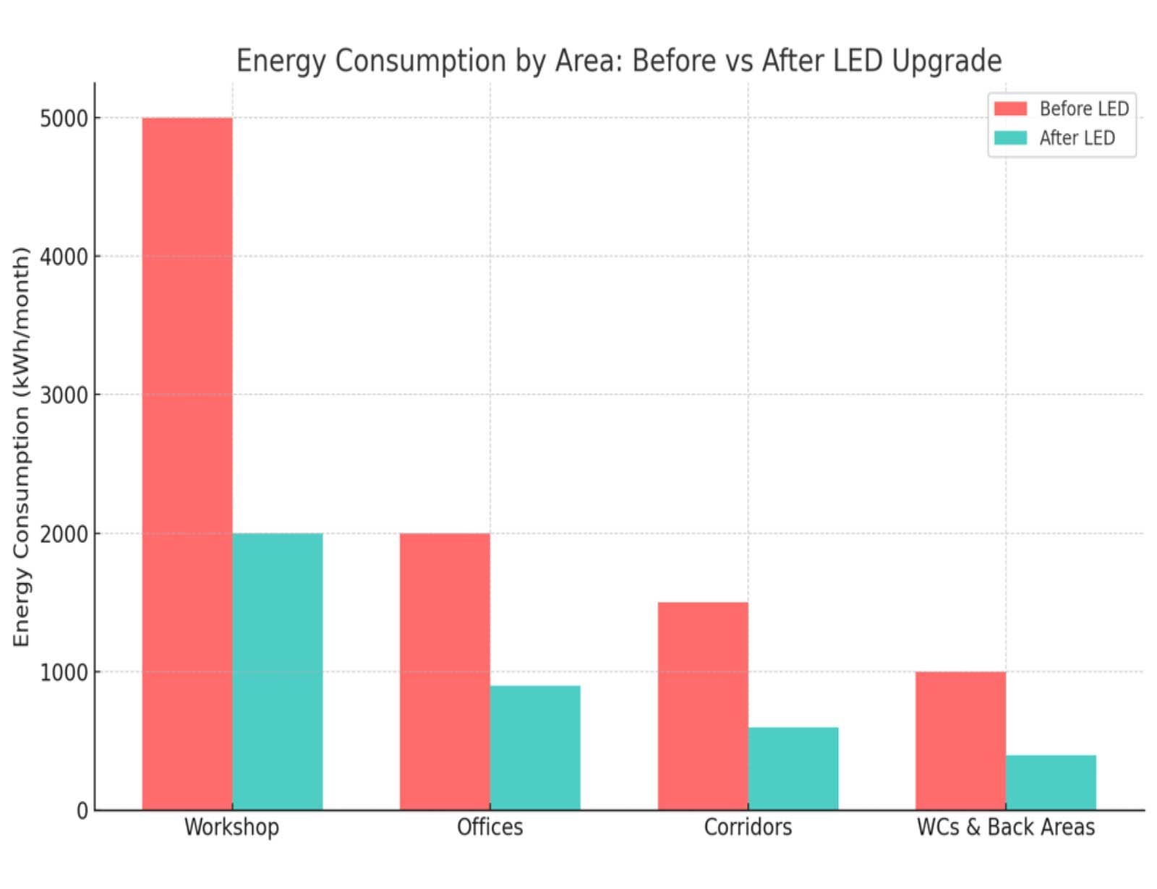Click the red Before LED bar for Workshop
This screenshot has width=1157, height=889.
point(187,463)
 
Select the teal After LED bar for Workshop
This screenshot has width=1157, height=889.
point(278,671)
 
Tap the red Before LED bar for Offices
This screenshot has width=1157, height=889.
point(445,671)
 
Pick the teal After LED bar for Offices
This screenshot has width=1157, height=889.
point(535,747)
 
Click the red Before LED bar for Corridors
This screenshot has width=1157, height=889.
point(703,705)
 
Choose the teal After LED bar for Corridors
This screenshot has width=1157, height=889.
point(793,768)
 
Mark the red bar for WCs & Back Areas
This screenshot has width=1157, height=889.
point(960,741)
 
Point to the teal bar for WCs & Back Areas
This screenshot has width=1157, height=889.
point(1051,782)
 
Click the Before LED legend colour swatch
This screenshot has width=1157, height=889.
point(1010,108)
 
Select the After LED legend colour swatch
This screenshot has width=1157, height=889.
point(1010,137)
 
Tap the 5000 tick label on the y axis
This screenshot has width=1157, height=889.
point(64,119)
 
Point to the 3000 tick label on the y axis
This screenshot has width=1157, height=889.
point(64,395)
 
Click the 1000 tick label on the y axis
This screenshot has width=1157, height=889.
point(64,672)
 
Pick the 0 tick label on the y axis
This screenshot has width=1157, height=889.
point(82,811)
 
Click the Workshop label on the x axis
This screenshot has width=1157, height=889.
point(231,827)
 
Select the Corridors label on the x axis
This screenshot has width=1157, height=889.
point(748,827)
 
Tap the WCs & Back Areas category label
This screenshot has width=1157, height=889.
point(1006,827)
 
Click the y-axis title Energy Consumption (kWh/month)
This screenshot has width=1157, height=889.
point(22,447)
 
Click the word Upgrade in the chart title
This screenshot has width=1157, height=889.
point(947,61)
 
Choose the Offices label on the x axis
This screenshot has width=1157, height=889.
point(490,827)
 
